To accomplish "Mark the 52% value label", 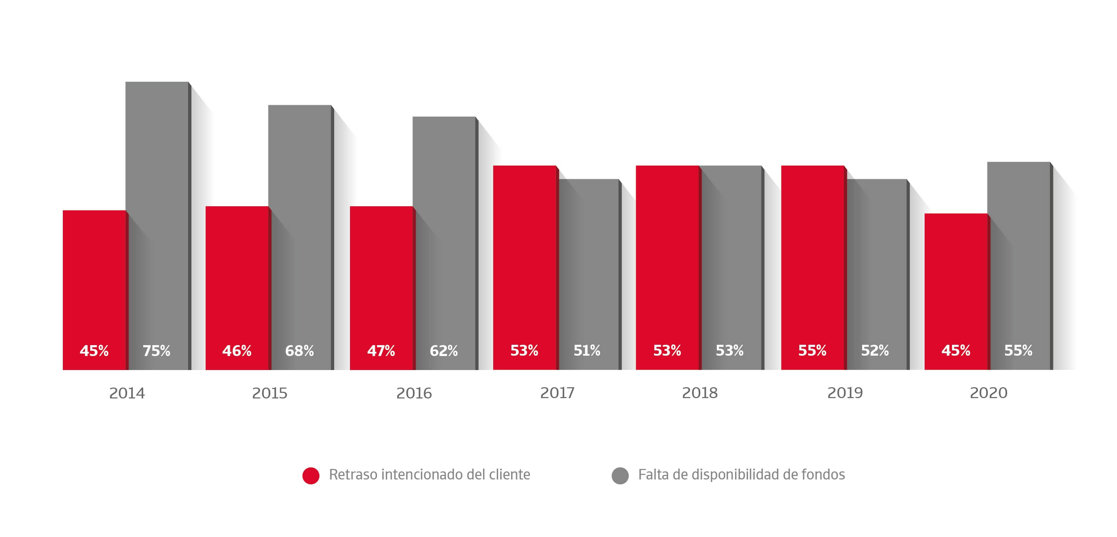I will point(874,350).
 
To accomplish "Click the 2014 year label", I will point(127,393).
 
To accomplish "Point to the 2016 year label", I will point(414,393).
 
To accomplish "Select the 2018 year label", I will point(700,393).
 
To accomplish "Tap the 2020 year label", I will point(989,393).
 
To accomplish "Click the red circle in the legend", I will point(311,476).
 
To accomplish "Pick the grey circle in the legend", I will point(620,476).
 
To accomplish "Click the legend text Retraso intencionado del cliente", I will point(429,475).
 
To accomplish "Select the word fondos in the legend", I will point(823,475).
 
